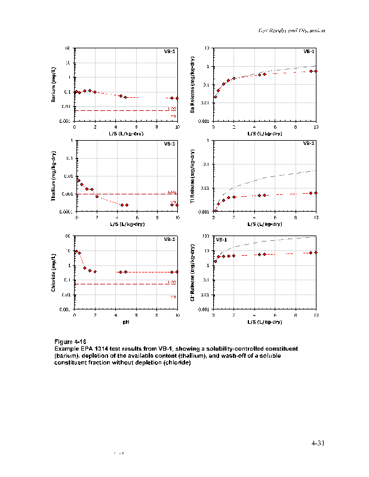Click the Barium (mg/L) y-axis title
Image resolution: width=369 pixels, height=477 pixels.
[x=54, y=84]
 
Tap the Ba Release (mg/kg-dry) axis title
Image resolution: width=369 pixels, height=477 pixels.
[x=193, y=85]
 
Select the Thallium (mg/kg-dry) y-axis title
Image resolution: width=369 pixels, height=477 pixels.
[x=54, y=176]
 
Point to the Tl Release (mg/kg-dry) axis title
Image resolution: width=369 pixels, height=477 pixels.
[x=193, y=176]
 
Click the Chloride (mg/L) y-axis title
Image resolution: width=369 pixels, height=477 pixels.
[x=54, y=272]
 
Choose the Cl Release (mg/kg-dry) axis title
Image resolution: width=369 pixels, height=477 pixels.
[x=193, y=272]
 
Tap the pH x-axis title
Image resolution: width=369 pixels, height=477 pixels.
[x=126, y=321]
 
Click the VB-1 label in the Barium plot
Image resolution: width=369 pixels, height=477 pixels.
[x=170, y=51]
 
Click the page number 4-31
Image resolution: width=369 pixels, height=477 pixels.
[x=318, y=443]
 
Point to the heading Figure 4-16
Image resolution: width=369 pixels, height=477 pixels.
[x=70, y=341]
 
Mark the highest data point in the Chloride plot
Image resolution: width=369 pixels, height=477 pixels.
[x=75, y=251]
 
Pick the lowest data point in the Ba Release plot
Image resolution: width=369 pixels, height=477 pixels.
[x=215, y=97]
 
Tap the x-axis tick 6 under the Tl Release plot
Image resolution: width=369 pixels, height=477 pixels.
[x=275, y=218]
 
